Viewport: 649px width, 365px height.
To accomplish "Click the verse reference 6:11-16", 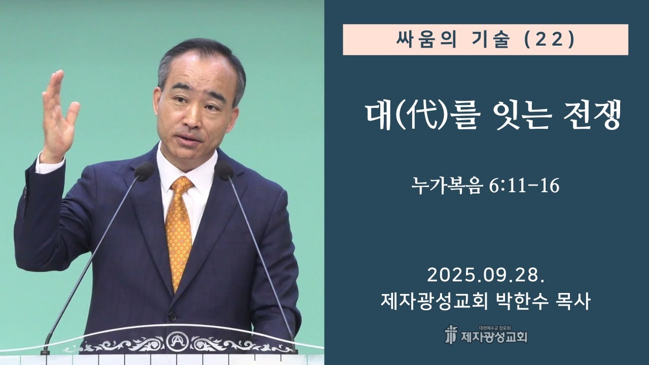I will (x=524, y=187).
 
